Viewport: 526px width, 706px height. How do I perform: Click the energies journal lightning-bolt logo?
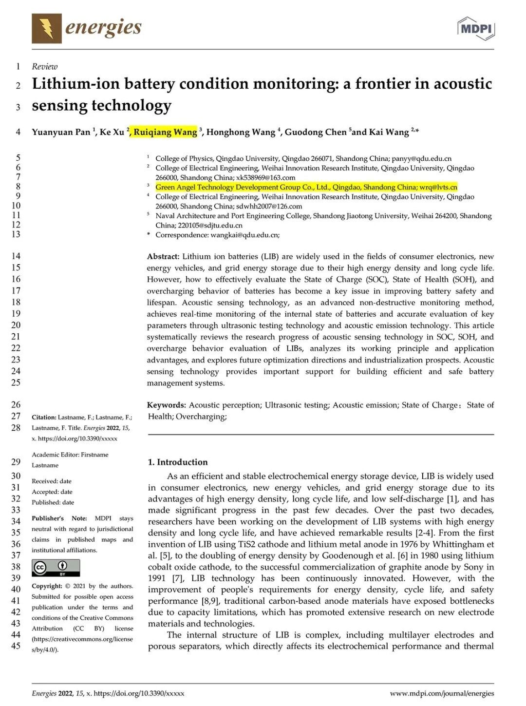click(47, 28)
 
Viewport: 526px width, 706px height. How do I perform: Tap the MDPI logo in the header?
click(476, 28)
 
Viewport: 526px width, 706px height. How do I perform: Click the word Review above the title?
click(45, 67)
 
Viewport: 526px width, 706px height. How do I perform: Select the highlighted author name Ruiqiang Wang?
click(165, 132)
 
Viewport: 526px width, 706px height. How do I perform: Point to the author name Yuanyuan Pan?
click(61, 132)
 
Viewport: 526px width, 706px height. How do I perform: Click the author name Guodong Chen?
click(316, 132)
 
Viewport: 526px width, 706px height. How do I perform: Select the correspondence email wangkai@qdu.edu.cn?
click(244, 235)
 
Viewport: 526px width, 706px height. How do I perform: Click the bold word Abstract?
click(163, 256)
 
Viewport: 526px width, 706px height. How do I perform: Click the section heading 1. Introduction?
click(178, 462)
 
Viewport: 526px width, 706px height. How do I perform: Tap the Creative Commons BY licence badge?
click(56, 568)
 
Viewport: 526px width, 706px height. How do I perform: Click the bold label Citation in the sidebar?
click(44, 418)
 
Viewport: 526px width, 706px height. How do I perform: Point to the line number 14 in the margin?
click(16, 256)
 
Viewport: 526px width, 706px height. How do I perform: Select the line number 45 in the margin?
click(16, 646)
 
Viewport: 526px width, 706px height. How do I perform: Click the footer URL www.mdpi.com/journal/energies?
click(442, 693)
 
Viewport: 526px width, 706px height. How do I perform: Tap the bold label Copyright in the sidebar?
click(47, 586)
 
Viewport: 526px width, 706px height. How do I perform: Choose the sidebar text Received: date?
click(52, 481)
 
